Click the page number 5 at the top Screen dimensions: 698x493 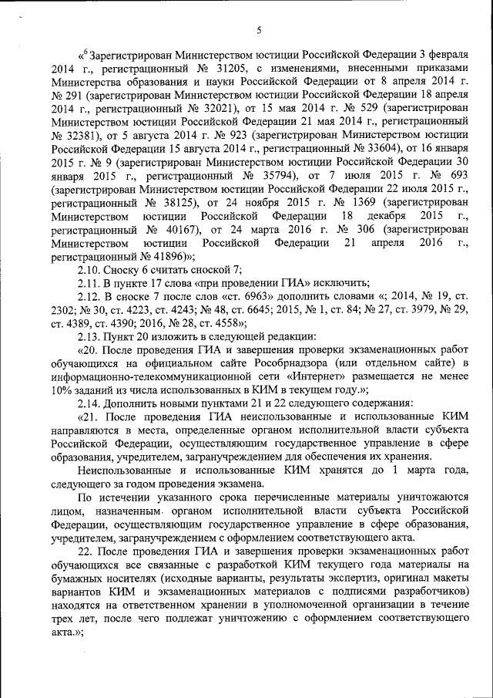pyautogui.click(x=259, y=30)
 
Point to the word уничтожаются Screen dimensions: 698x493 pyautogui.click(x=430, y=498)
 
